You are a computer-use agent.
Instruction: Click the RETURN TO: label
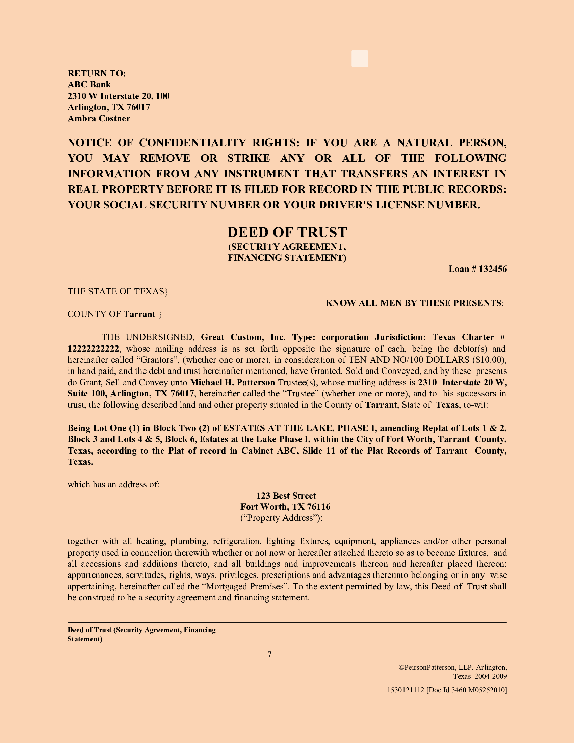pyautogui.click(x=97, y=73)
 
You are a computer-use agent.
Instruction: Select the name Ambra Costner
pyautogui.click(x=99, y=119)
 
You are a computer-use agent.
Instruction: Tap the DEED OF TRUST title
pyautogui.click(x=287, y=232)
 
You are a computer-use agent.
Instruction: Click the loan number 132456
pyautogui.click(x=493, y=269)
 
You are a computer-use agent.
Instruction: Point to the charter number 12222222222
pyautogui.click(x=93, y=349)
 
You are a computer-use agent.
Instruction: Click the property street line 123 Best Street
pyautogui.click(x=286, y=496)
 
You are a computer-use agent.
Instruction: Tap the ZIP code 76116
pyautogui.click(x=319, y=507)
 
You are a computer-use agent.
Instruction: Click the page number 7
pyautogui.click(x=270, y=654)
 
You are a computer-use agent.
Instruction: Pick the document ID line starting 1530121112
pyautogui.click(x=447, y=690)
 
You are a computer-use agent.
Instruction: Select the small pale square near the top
pyautogui.click(x=360, y=58)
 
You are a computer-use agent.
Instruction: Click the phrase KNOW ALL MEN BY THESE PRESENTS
pyautogui.click(x=413, y=303)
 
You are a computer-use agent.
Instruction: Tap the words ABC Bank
pyautogui.click(x=89, y=84)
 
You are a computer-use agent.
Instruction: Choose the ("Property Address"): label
pyautogui.click(x=281, y=518)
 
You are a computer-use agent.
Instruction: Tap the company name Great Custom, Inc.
pyautogui.click(x=243, y=337)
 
